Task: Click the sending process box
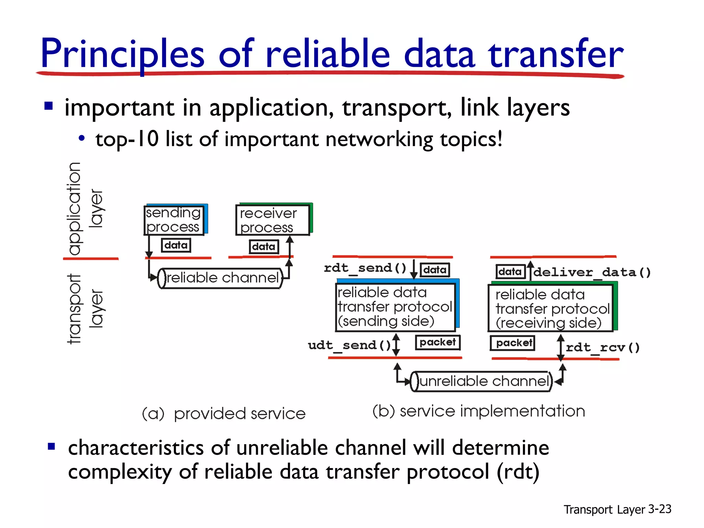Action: [174, 220]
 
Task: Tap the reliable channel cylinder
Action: [220, 278]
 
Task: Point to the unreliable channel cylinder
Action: [481, 381]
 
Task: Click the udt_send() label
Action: [349, 345]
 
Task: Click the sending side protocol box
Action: [395, 307]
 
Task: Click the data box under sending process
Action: [176, 245]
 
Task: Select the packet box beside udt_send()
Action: [438, 342]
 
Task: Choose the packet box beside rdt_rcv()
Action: [513, 343]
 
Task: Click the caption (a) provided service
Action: [224, 414]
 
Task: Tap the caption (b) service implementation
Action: [478, 411]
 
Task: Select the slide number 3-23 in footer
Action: [659, 509]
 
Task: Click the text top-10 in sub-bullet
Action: [127, 140]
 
